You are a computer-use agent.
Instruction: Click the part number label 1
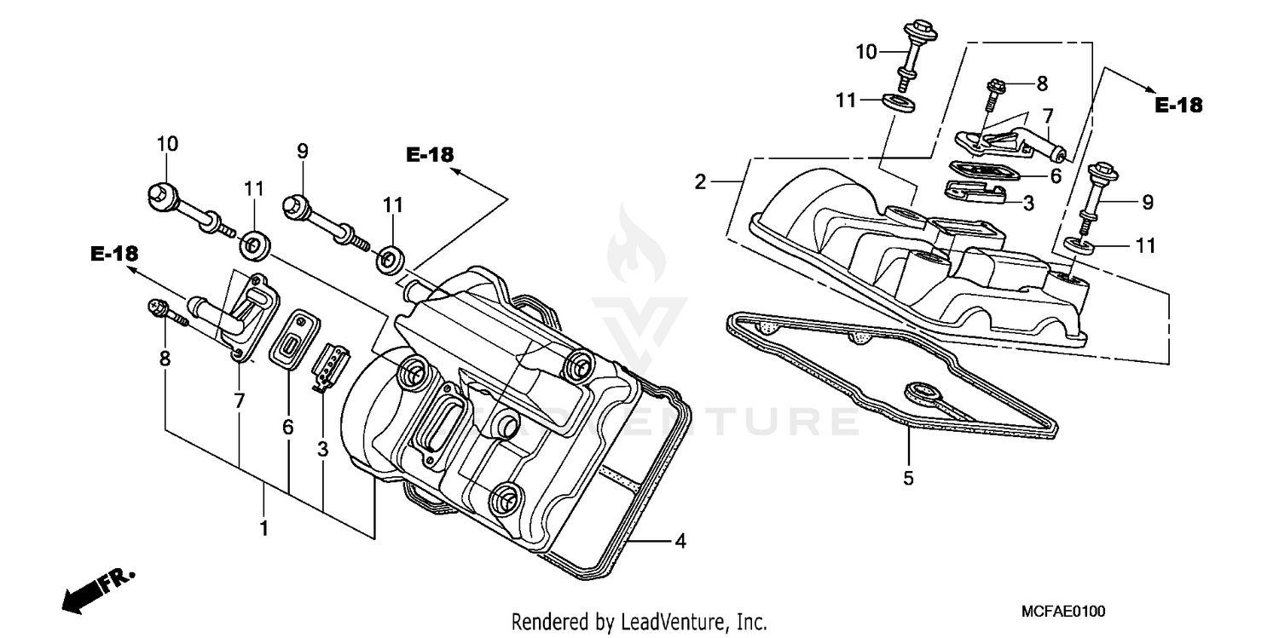pyautogui.click(x=264, y=528)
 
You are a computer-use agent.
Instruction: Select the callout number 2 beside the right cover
pyautogui.click(x=700, y=181)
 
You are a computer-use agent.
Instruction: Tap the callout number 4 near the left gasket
pyautogui.click(x=680, y=540)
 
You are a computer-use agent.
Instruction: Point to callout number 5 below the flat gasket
pyautogui.click(x=908, y=478)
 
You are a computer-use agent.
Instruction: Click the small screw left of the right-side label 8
pyautogui.click(x=997, y=94)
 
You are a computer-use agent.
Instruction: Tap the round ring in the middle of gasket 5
pyautogui.click(x=922, y=393)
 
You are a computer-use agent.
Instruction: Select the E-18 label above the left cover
pyautogui.click(x=430, y=154)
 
